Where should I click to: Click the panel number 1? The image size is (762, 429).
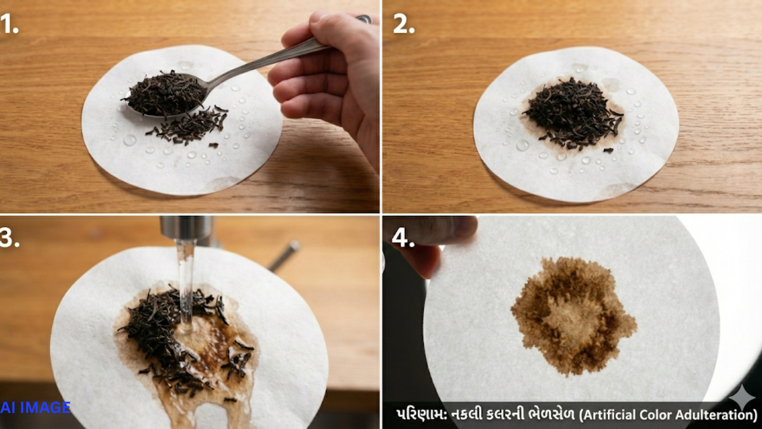pyautogui.click(x=9, y=24)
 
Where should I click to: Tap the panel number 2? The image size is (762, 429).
pyautogui.click(x=404, y=24)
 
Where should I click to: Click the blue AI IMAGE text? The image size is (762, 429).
pyautogui.click(x=35, y=407)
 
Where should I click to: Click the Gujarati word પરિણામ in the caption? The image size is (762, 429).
pyautogui.click(x=421, y=415)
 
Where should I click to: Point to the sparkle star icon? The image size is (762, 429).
pyautogui.click(x=742, y=397)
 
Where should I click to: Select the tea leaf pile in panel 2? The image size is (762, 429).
pyautogui.click(x=573, y=113)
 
